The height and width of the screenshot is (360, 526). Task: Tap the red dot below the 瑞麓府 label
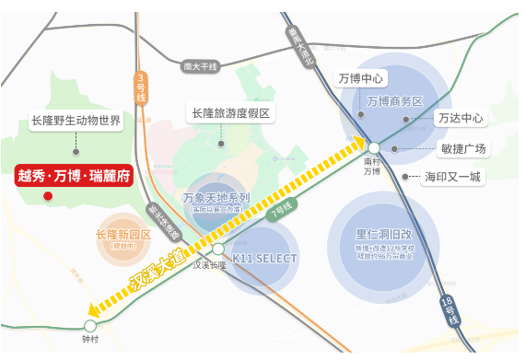(48, 196)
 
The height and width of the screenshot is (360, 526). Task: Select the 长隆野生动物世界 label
(76, 121)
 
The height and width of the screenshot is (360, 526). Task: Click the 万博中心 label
(361, 77)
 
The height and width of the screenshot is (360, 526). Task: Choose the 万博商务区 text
(394, 100)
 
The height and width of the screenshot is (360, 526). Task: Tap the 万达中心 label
(462, 118)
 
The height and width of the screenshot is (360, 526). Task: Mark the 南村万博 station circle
(374, 147)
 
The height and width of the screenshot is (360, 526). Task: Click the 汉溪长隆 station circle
(217, 249)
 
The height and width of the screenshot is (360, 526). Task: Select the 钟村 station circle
(89, 325)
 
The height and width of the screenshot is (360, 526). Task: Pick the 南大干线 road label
(199, 66)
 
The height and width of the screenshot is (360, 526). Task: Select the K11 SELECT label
(264, 259)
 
